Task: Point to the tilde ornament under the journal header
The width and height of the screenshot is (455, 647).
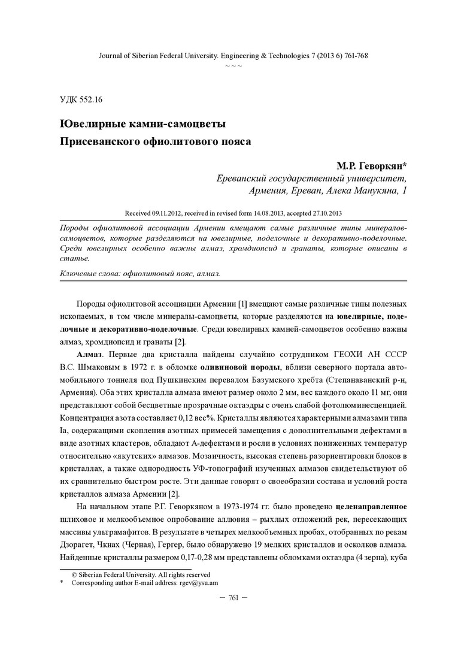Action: pyautogui.click(x=233, y=65)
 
